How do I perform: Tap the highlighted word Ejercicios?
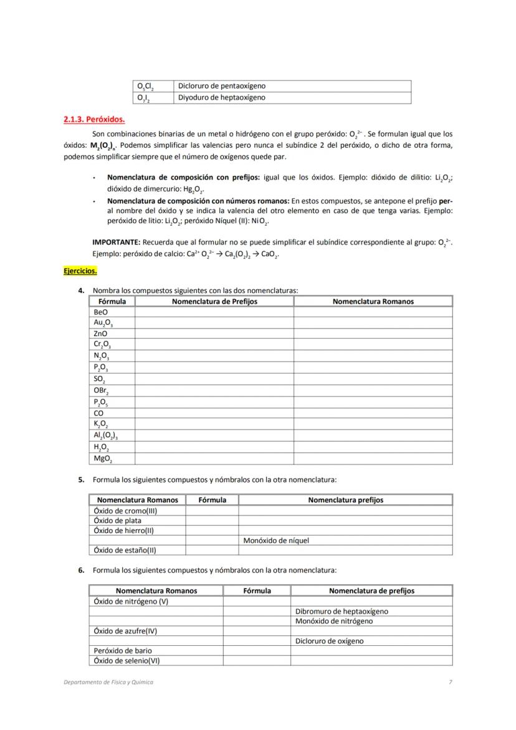tap(80, 271)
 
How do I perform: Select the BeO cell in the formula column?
tap(100, 312)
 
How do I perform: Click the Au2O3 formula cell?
tap(103, 323)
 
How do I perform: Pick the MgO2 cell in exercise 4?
tap(103, 459)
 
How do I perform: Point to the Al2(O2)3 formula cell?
tap(105, 436)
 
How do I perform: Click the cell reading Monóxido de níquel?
tap(276, 540)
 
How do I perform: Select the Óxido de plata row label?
tap(117, 521)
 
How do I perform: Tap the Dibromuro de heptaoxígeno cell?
tap(342, 612)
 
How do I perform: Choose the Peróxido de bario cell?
tap(123, 651)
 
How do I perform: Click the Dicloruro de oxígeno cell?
tap(330, 641)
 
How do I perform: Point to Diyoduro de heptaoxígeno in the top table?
tap(222, 98)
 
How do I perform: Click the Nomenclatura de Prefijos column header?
tap(214, 302)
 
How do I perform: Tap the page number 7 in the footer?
tap(450, 682)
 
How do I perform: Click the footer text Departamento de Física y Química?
tap(108, 682)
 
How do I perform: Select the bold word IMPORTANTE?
tap(116, 242)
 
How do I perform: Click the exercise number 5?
tap(81, 480)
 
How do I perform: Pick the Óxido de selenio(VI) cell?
tap(127, 661)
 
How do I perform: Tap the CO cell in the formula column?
tap(98, 413)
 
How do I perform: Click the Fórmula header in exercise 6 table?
tap(257, 591)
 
